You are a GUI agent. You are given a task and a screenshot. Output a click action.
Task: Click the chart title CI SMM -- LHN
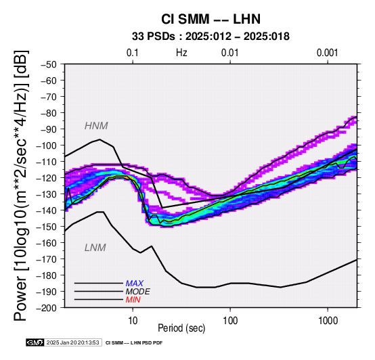coord(211,19)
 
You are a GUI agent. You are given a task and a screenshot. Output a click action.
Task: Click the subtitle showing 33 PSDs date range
coord(211,37)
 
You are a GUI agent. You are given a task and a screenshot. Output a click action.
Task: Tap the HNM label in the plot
coord(96,126)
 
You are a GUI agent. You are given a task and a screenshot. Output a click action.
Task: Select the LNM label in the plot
coord(95,248)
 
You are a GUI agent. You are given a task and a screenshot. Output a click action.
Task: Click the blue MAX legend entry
coord(135,284)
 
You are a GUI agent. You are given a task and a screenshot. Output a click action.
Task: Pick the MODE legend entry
coord(138,292)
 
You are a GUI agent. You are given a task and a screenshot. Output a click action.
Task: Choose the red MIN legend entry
coord(133,300)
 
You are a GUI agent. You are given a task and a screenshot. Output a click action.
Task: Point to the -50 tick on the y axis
coord(49,64)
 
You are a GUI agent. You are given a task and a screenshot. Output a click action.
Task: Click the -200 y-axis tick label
coord(47,308)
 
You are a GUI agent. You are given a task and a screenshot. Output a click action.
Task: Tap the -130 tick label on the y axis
coord(47,194)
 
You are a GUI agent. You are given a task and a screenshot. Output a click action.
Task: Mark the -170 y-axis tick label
coord(47,259)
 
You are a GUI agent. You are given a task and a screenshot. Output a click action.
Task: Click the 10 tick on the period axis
coord(133,321)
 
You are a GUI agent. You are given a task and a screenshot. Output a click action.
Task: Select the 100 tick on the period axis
coord(230,321)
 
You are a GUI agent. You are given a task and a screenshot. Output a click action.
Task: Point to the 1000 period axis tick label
coord(328,321)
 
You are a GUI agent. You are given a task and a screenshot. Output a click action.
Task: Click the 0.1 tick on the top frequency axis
coord(133,53)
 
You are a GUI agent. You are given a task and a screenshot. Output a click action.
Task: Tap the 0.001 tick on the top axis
coord(327,53)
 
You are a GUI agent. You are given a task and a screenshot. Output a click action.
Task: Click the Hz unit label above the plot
coord(181,53)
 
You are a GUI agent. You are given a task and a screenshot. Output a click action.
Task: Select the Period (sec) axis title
coord(181,328)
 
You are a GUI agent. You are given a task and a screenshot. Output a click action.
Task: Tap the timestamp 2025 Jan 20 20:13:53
coord(72,342)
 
